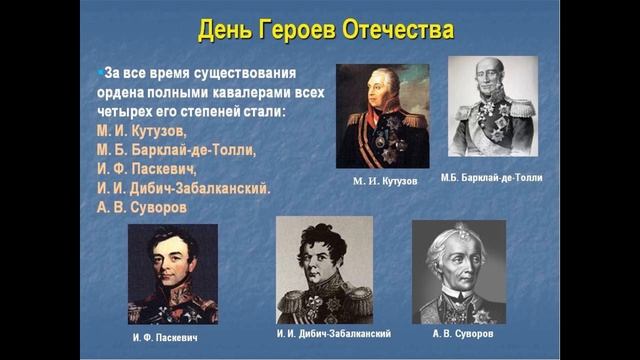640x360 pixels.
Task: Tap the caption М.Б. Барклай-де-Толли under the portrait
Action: pos(492,177)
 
